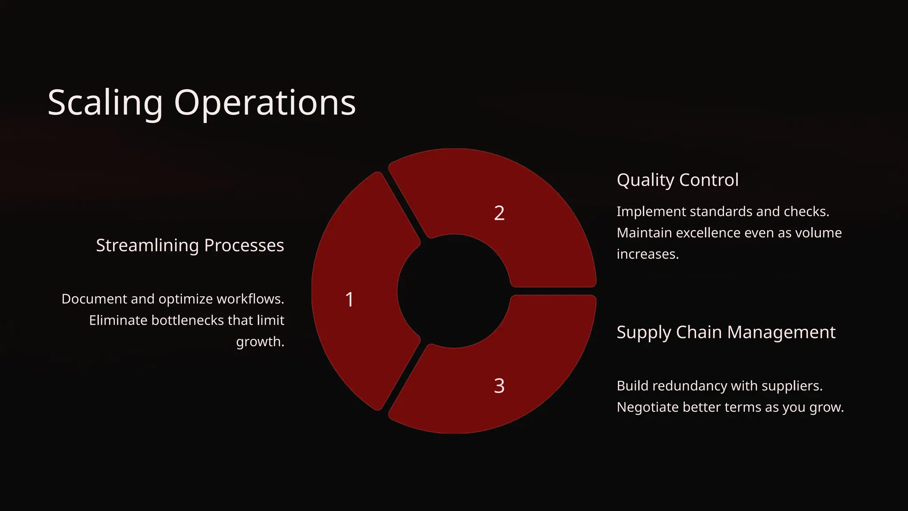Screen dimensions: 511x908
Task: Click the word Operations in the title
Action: tap(265, 103)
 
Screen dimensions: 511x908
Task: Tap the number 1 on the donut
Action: tap(349, 299)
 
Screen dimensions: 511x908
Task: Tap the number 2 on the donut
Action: tap(499, 213)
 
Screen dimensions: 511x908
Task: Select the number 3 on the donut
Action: tap(499, 386)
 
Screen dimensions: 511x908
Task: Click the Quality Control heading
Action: tap(677, 180)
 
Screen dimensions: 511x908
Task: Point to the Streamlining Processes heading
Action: tap(190, 245)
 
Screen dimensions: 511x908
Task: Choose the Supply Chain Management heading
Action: tap(726, 332)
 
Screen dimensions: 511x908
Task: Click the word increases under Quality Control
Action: tap(647, 254)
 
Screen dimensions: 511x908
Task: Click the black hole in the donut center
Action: tap(454, 291)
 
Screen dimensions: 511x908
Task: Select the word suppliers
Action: tap(791, 386)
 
